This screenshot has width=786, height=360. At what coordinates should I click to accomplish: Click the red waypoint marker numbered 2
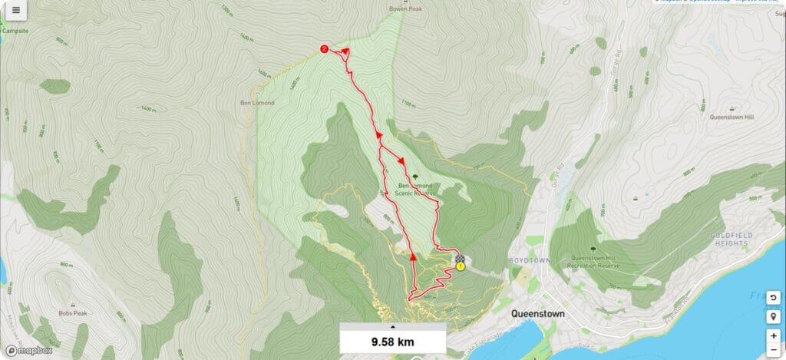coord(324,49)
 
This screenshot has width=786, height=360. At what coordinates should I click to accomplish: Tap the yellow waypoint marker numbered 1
coord(461,266)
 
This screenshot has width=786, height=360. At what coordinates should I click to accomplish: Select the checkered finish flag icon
coord(460,258)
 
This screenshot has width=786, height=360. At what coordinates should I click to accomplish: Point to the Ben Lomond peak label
coord(256,102)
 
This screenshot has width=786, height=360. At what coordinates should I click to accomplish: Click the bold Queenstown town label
coord(538,314)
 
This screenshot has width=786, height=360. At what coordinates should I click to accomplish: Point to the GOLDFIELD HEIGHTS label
coord(729,239)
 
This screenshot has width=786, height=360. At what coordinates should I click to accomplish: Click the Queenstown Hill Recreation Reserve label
coord(593,262)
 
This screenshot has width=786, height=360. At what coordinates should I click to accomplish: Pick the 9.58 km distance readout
coord(393,342)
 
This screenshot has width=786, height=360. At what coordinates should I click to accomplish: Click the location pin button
coord(773,317)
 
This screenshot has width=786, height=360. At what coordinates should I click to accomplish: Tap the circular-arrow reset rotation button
coord(773,298)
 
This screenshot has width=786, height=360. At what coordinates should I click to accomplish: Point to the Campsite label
coord(15,31)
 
